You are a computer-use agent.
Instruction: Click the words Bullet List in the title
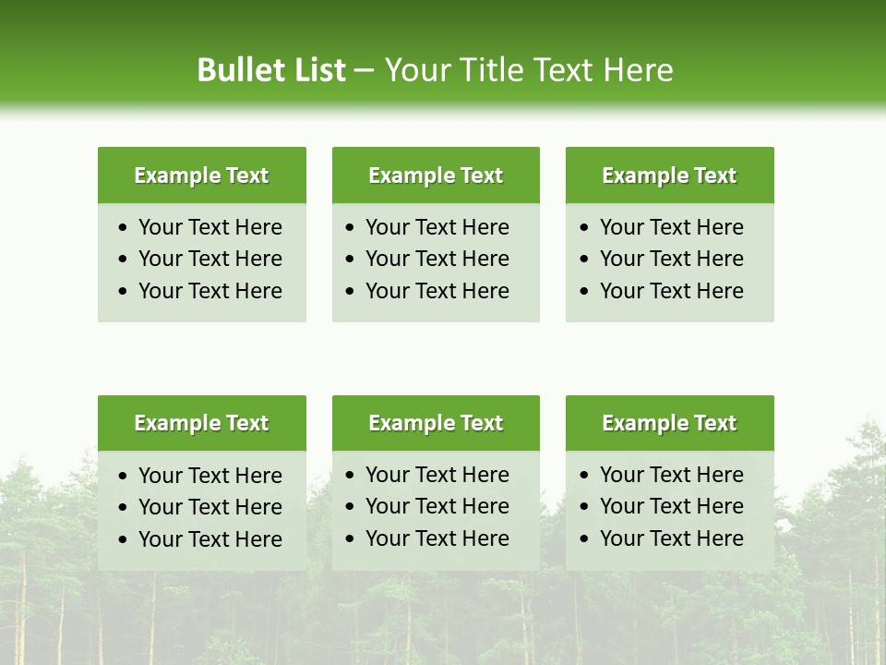point(270,70)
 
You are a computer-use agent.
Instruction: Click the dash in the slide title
point(364,71)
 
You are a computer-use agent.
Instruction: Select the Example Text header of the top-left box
point(201,175)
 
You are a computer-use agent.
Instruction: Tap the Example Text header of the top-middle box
point(436,175)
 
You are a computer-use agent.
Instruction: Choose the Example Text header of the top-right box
point(669,175)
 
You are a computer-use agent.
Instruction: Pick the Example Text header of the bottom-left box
point(201,423)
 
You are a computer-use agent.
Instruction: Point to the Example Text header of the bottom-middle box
point(436,423)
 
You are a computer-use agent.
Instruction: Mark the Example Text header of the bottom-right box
point(669,423)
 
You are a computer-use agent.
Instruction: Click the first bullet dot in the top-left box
point(125,228)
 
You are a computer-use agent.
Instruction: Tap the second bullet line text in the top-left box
point(210,259)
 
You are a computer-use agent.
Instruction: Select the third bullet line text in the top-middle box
point(437,291)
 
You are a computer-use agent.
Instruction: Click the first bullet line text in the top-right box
point(671,227)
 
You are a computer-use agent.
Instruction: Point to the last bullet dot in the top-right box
point(585,292)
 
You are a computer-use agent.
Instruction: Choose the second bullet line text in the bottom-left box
point(210,507)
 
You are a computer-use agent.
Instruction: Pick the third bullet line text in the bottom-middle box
point(437,538)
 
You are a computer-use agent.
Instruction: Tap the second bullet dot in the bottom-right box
point(585,507)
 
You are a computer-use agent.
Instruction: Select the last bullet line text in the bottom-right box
point(671,538)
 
